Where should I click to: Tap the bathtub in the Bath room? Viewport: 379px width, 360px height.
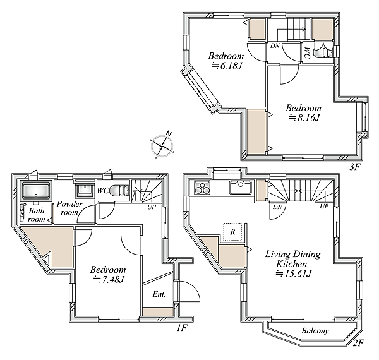36,190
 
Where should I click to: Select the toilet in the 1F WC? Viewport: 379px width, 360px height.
118,190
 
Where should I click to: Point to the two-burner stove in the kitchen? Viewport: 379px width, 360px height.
202,188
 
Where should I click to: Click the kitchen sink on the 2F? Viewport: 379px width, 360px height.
241,188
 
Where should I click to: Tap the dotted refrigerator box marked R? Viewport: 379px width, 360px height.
232,232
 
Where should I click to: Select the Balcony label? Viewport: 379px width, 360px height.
315,331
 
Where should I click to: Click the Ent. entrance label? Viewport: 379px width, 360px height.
159,294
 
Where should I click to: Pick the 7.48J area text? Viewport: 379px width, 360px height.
109,280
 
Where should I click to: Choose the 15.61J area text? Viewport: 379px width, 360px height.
294,273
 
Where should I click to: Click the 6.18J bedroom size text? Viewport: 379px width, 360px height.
227,66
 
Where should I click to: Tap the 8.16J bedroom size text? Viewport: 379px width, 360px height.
304,118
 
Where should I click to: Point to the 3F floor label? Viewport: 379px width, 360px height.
355,167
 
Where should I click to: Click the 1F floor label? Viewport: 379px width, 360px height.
181,328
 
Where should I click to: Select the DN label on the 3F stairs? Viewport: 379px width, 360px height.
275,45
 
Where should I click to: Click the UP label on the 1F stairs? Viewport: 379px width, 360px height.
152,207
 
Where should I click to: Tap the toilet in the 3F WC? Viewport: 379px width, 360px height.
319,52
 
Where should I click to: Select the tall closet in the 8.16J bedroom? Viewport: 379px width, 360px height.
256,131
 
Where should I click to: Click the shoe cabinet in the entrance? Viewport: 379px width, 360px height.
158,311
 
